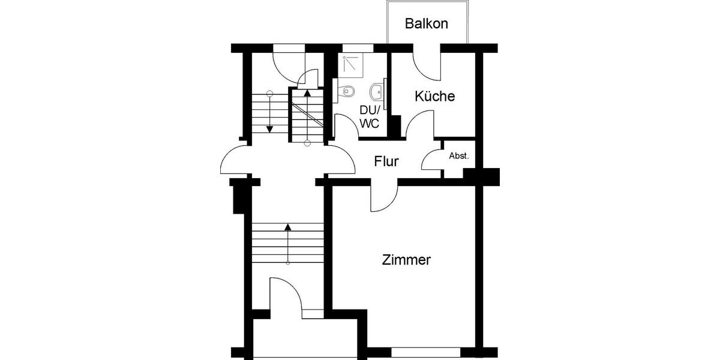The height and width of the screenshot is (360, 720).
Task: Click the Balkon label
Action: pos(427,24)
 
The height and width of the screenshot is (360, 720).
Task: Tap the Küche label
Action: pos(434,96)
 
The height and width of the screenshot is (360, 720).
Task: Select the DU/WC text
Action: pos(369,117)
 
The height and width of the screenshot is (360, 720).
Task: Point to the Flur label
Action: pos(386,161)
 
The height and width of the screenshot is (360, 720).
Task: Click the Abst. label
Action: pos(458,156)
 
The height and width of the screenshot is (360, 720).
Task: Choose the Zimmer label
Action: pos(407,260)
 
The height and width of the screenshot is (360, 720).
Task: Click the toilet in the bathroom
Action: pos(346,91)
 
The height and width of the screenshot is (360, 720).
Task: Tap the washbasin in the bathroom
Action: pos(375,91)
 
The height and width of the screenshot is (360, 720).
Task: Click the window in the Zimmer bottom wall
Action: pos(425,349)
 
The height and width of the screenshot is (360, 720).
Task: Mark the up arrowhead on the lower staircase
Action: pos(288,227)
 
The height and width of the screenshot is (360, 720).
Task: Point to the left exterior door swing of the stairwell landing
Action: pos(235,161)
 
